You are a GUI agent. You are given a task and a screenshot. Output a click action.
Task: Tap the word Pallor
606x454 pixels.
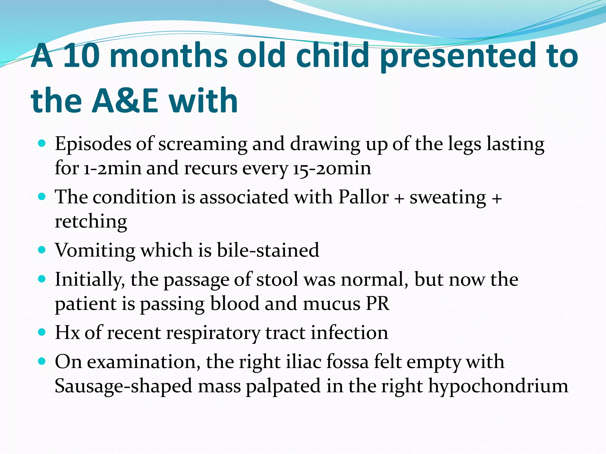coord(363,197)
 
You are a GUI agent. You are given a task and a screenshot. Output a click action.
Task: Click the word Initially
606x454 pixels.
coord(90,280)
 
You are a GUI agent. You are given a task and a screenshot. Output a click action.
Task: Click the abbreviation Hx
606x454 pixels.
coord(67,333)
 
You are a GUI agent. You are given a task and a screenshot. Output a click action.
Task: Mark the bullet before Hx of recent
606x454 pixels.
coord(42,332)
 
